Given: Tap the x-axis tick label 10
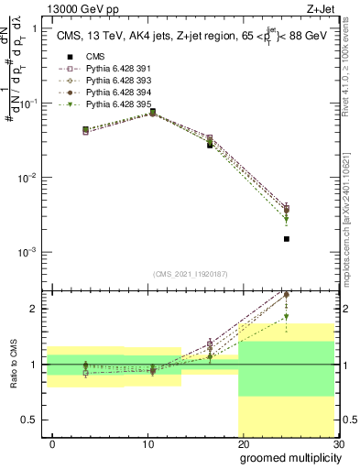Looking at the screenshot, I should (x=148, y=444).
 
